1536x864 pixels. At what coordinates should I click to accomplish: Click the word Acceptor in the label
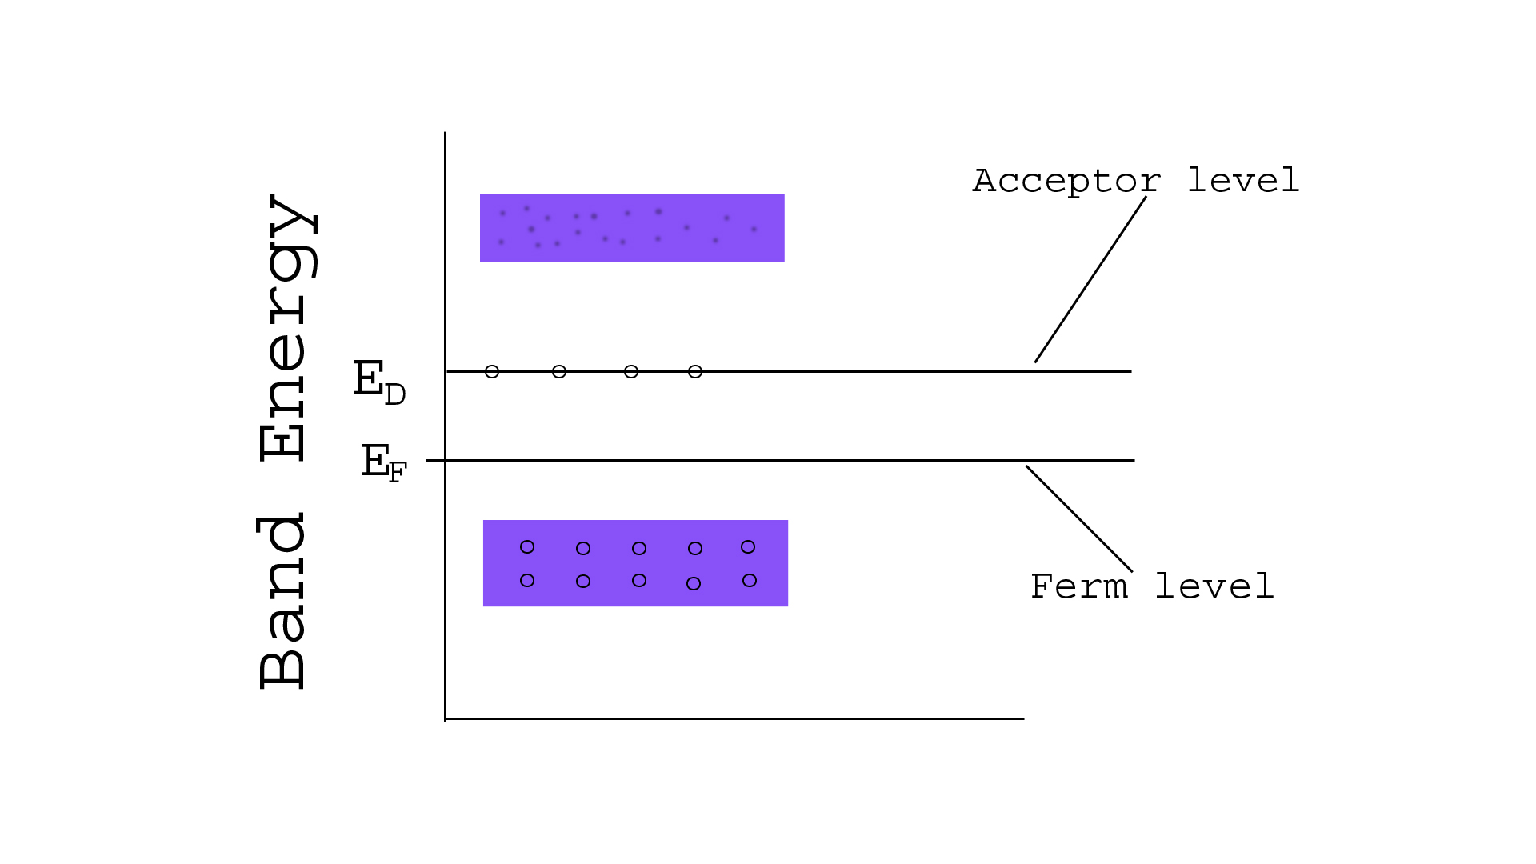(1066, 182)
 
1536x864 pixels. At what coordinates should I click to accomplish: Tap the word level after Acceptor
(1243, 180)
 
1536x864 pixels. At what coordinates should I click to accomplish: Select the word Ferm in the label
(1078, 586)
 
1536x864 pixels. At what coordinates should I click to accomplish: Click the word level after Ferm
(1214, 586)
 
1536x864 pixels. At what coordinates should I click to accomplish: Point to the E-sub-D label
(379, 382)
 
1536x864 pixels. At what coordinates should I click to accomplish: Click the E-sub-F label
(384, 463)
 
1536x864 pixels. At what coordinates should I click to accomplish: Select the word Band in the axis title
(282, 601)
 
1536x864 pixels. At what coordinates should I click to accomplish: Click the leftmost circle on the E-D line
(492, 371)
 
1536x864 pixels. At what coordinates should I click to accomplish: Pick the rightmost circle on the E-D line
(695, 371)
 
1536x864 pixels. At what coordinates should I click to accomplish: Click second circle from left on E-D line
(559, 371)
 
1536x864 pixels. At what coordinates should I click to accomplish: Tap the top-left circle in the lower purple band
(527, 547)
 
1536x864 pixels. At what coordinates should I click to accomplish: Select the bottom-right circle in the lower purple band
(750, 580)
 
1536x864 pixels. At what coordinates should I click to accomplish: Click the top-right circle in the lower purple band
(748, 547)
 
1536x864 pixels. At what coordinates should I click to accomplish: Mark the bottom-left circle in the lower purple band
(527, 581)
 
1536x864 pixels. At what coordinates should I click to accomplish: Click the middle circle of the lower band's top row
(639, 548)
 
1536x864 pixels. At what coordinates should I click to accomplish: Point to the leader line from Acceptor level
(1090, 279)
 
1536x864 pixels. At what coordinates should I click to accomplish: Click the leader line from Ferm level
(1079, 519)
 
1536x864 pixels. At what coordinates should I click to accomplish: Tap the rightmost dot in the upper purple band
(754, 230)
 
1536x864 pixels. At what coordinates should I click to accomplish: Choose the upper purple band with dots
(632, 228)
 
